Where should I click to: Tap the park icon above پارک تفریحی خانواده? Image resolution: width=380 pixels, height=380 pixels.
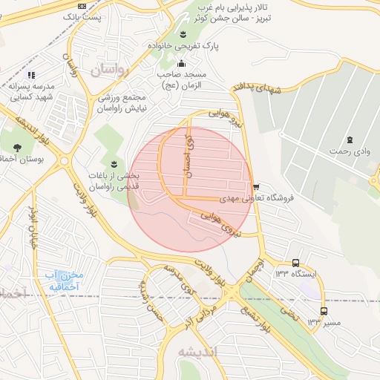[183, 33]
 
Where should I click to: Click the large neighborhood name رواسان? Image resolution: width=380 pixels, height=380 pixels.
[110, 71]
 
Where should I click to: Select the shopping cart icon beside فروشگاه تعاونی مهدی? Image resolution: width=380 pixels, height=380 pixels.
[256, 186]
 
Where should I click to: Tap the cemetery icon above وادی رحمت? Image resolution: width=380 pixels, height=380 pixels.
[349, 140]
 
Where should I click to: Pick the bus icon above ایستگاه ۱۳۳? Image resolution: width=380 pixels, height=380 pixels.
[296, 263]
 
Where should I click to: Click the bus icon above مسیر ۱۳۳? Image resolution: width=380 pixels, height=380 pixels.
[324, 311]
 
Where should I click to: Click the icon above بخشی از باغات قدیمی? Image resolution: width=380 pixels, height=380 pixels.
[114, 164]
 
